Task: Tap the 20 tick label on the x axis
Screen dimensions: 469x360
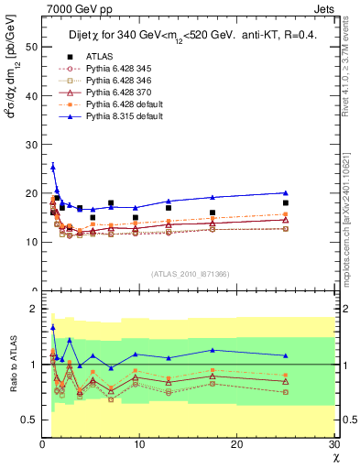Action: coord(236,445)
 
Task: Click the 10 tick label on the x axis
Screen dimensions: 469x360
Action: coord(139,445)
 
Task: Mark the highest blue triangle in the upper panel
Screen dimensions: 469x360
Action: coord(53,167)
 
